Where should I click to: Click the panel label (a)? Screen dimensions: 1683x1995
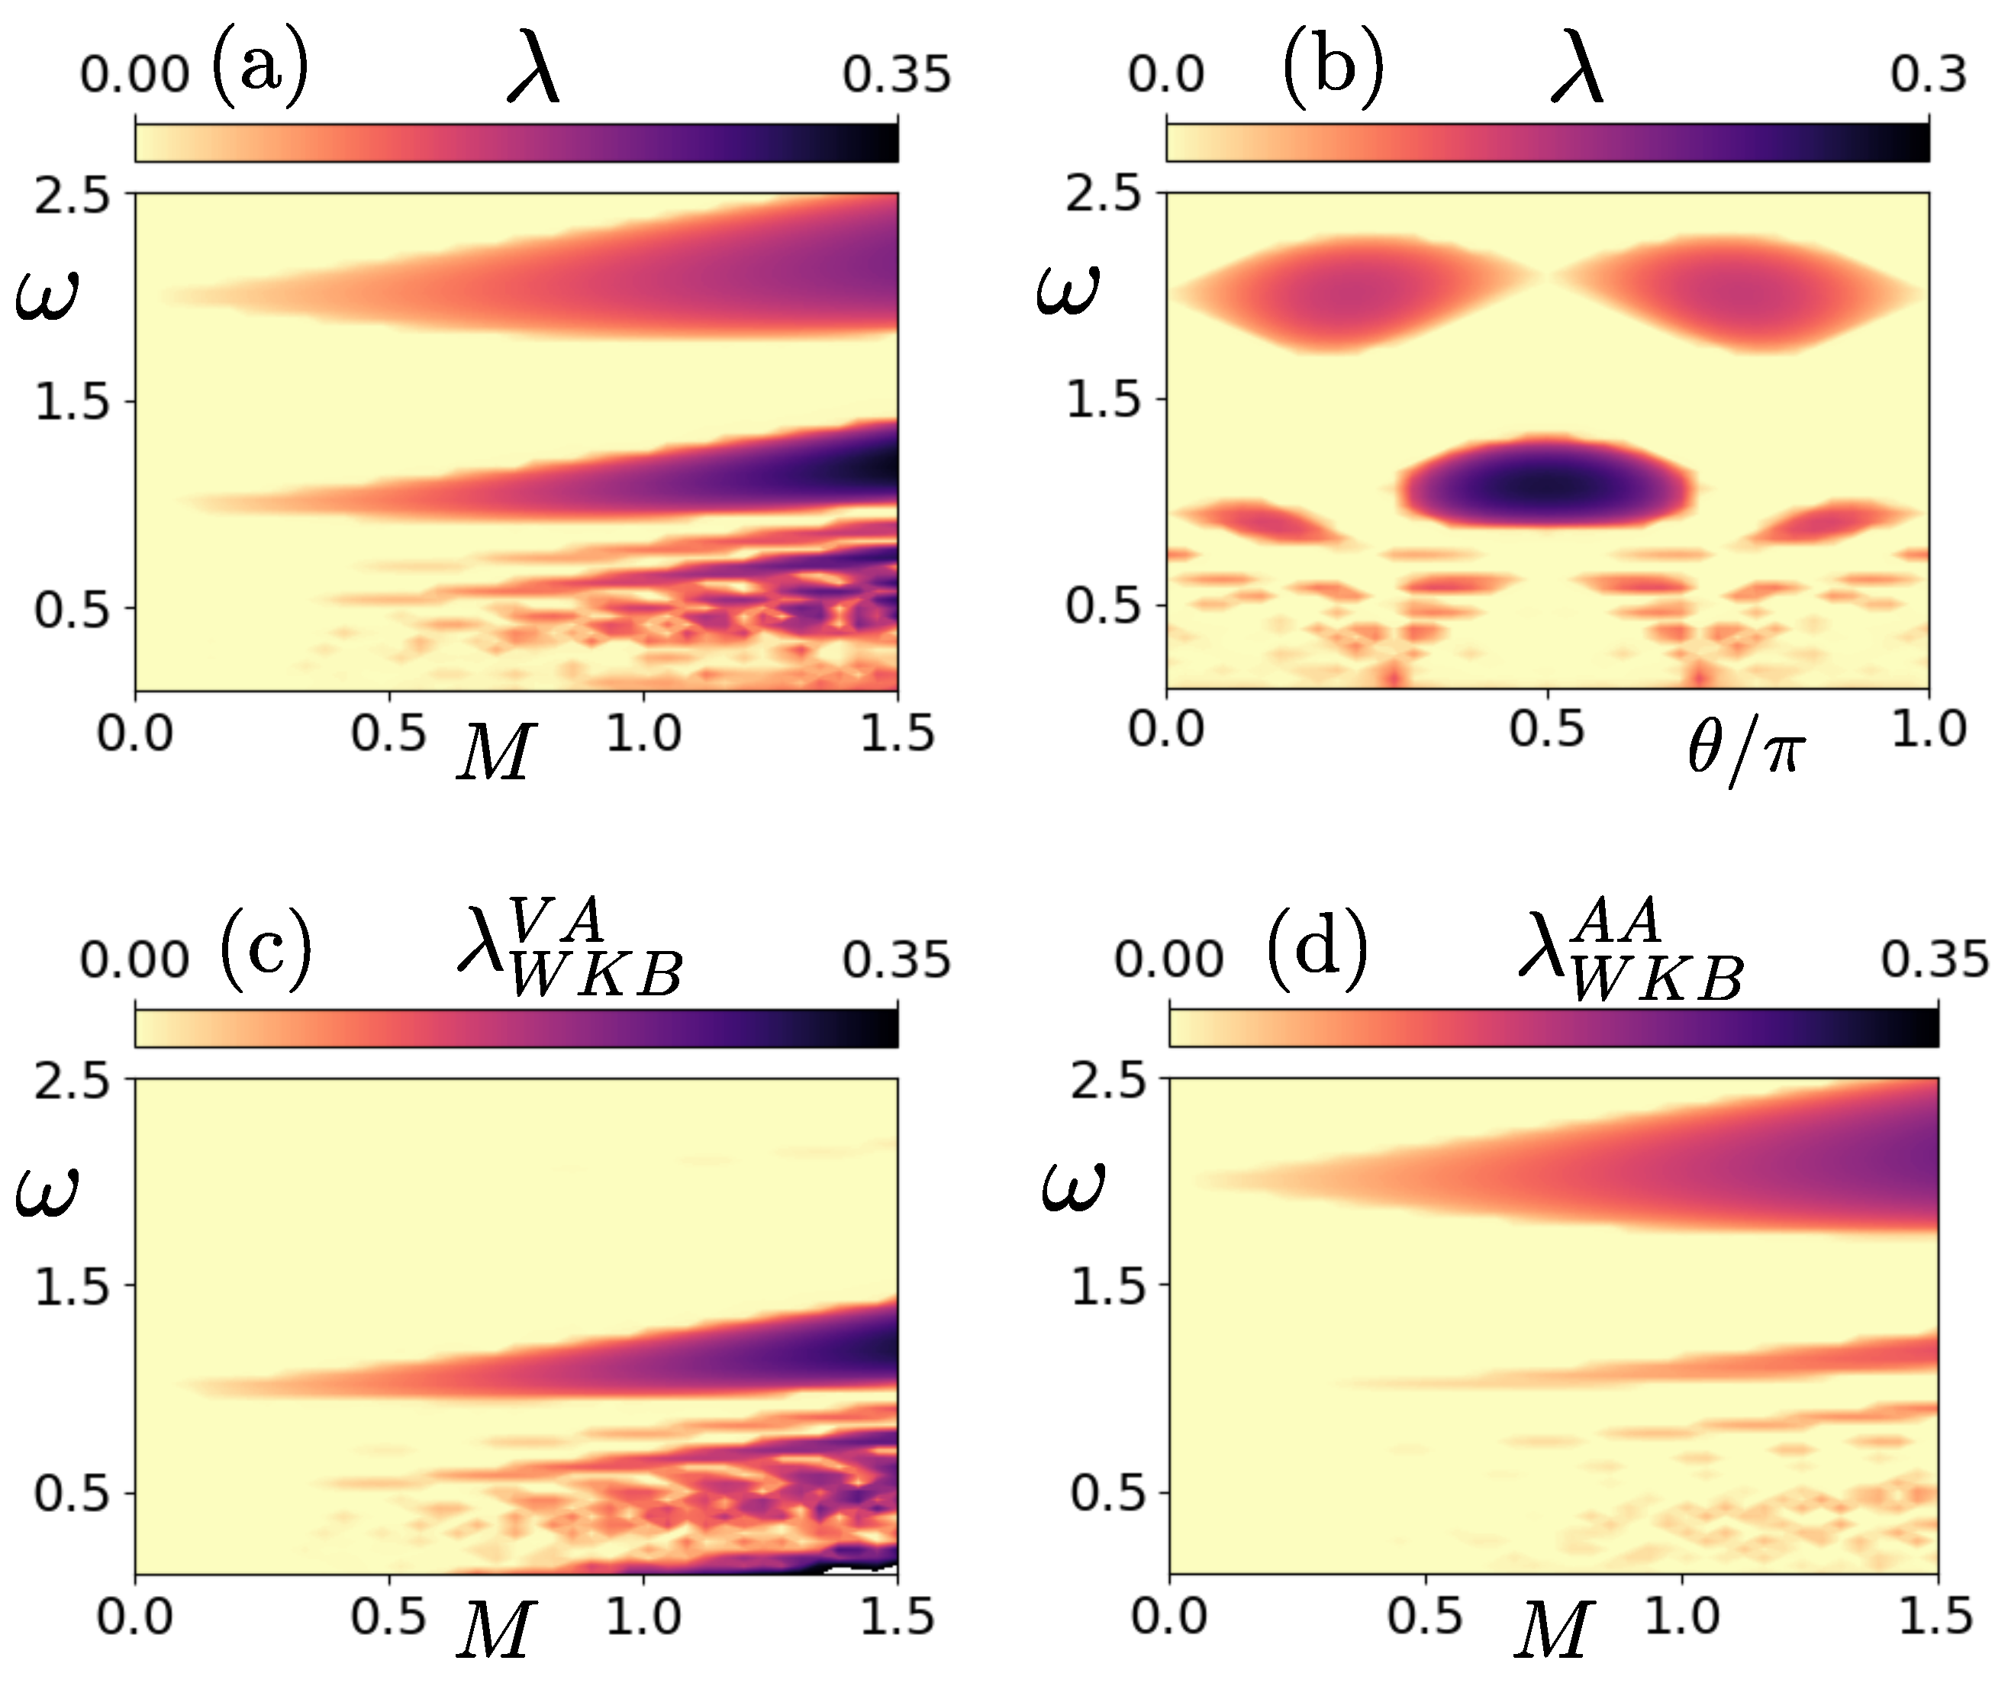click(260, 68)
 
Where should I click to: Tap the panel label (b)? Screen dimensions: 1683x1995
click(1333, 68)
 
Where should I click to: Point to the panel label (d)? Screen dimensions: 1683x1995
click(1317, 950)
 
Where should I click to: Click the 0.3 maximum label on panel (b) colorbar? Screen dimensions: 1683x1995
click(1928, 75)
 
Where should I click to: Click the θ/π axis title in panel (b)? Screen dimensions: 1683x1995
click(1746, 754)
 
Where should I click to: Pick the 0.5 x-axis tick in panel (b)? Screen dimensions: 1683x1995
click(1546, 730)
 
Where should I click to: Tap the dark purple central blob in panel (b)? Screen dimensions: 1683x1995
click(1545, 487)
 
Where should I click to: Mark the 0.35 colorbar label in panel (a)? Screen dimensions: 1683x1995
click(896, 75)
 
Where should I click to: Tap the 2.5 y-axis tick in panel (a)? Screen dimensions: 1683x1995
click(73, 195)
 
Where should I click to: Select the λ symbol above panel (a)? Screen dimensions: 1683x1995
click(533, 73)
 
